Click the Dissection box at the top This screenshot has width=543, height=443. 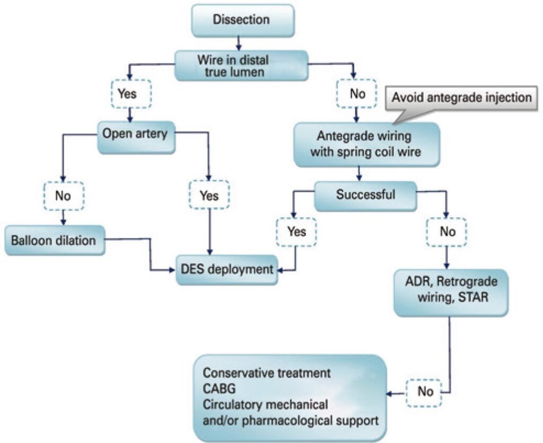(241, 20)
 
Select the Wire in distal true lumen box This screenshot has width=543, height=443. (241, 65)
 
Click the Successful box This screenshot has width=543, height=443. (365, 194)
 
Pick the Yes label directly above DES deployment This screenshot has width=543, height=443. (209, 196)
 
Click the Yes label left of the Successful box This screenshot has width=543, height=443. (296, 232)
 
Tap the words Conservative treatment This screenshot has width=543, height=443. (267, 373)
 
